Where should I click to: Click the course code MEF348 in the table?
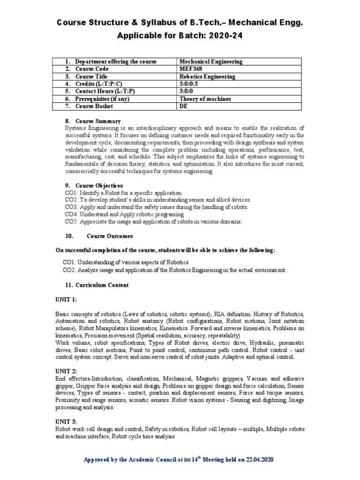189,69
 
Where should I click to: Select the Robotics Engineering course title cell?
207,76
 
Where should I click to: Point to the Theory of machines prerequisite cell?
205,99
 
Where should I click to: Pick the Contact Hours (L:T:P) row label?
105,91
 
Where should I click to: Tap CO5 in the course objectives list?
71,222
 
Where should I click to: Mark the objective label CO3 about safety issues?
71,207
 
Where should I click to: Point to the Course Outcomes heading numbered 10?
110,236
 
